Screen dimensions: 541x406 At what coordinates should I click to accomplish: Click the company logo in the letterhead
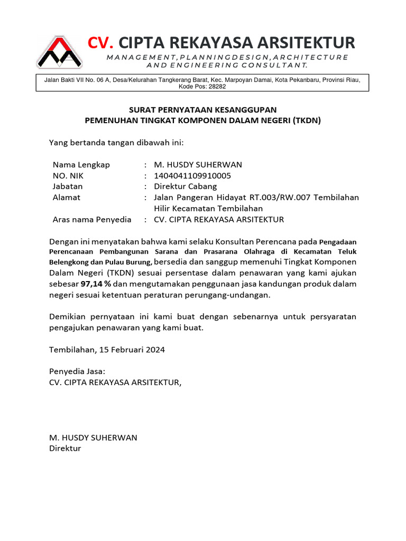pyautogui.click(x=59, y=52)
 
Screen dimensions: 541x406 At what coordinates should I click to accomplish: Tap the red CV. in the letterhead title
pyautogui.click(x=100, y=42)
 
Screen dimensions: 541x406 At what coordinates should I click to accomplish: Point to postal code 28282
pyautogui.click(x=217, y=87)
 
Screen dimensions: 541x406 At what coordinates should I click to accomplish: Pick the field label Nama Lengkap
pyautogui.click(x=81, y=165)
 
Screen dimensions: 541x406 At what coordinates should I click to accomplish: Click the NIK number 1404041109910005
pyautogui.click(x=192, y=176)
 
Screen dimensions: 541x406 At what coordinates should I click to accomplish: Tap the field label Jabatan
pyautogui.click(x=68, y=186)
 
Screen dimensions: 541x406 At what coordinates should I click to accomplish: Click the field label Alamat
pyautogui.click(x=67, y=198)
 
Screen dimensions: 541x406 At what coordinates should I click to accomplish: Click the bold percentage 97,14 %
pyautogui.click(x=96, y=284)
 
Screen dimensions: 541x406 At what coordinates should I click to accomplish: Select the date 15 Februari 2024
pyautogui.click(x=132, y=350)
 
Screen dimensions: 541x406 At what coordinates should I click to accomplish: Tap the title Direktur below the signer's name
pyautogui.click(x=65, y=449)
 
